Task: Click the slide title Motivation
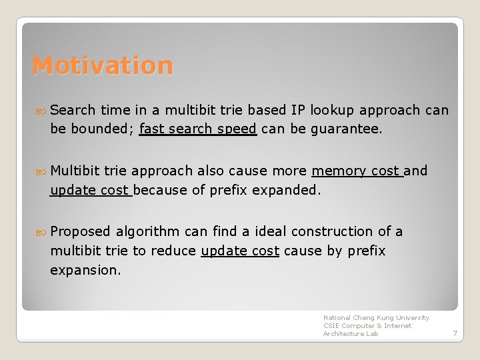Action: pyautogui.click(x=103, y=66)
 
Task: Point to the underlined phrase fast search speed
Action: pyautogui.click(x=198, y=129)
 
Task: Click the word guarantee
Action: pyautogui.click(x=347, y=129)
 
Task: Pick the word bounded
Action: pyautogui.click(x=99, y=129)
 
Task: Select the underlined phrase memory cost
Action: pyautogui.click(x=357, y=171)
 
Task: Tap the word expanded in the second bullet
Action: pyautogui.click(x=289, y=190)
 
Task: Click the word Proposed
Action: pyautogui.click(x=80, y=231)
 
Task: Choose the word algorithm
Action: pyautogui.click(x=148, y=231)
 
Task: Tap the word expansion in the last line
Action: pyautogui.click(x=85, y=270)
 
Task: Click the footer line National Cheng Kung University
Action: pyautogui.click(x=376, y=318)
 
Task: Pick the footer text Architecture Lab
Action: pyautogui.click(x=351, y=334)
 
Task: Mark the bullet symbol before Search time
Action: pyautogui.click(x=41, y=110)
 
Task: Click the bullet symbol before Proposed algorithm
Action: pyautogui.click(x=41, y=231)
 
